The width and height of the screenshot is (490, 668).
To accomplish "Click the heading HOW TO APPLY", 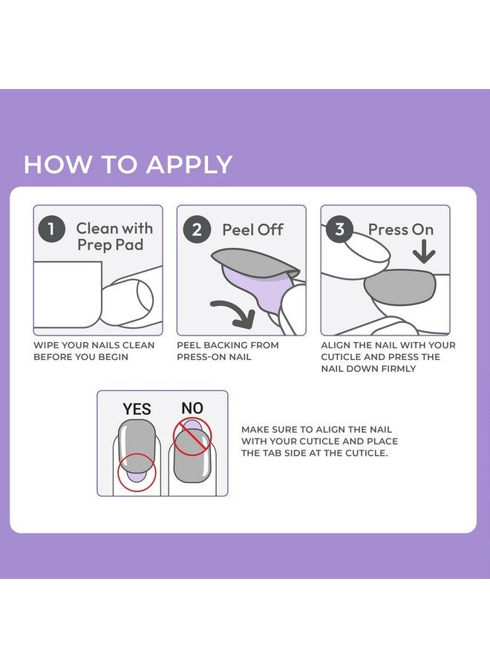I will pyautogui.click(x=128, y=164).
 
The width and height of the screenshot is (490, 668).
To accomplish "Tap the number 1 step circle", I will pyautogui.click(x=51, y=229).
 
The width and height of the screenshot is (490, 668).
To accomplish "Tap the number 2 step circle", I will pyautogui.click(x=197, y=229).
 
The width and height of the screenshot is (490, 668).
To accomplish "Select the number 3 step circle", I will pyautogui.click(x=340, y=229).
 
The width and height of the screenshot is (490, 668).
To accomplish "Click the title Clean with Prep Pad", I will pyautogui.click(x=114, y=237).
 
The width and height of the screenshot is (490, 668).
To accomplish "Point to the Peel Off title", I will pyautogui.click(x=252, y=230).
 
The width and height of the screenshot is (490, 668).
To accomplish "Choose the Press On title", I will pyautogui.click(x=401, y=230).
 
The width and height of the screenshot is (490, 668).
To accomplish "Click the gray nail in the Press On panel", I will pyautogui.click(x=399, y=287).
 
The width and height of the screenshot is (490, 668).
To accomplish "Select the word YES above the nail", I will pyautogui.click(x=137, y=409).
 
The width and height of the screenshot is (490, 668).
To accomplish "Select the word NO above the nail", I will pyautogui.click(x=192, y=407).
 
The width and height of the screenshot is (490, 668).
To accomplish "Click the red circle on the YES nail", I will pyautogui.click(x=137, y=472).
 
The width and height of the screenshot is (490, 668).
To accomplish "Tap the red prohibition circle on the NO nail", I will pyautogui.click(x=192, y=436).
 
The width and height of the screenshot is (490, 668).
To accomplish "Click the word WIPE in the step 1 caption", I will pyautogui.click(x=46, y=345).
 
